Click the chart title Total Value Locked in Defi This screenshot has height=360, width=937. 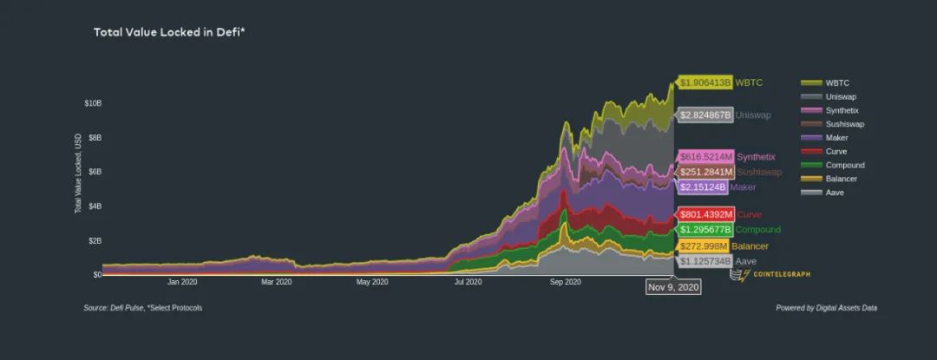[169, 32]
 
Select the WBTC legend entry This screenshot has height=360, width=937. [837, 82]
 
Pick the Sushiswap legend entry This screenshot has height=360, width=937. [844, 124]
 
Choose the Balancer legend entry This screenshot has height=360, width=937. [841, 179]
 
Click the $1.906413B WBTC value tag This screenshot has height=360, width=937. [705, 83]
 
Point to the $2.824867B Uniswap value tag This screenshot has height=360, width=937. [705, 115]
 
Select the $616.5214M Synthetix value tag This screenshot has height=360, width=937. [706, 157]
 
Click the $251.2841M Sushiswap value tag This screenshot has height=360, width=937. [706, 172]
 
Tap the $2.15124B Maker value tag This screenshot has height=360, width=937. [703, 187]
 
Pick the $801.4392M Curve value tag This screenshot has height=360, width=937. [706, 214]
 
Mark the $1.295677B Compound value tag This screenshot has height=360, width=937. [705, 230]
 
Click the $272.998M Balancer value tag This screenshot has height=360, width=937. [704, 246]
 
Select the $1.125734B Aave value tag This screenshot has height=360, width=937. [705, 261]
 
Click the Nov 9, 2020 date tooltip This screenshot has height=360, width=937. [672, 286]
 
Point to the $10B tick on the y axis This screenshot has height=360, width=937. [93, 103]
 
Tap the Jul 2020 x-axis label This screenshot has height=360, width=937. [468, 282]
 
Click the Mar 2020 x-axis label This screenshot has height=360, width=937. [277, 282]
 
